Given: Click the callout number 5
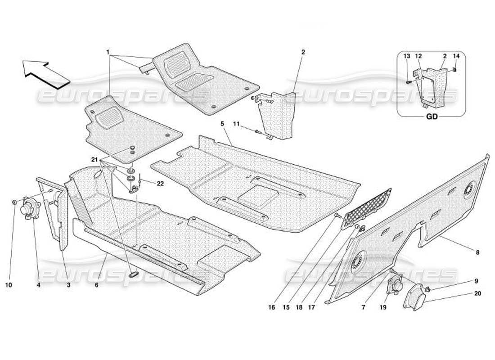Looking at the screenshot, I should [222, 123].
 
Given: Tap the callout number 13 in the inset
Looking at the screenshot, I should [406, 56].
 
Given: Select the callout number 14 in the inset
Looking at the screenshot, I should [456, 56].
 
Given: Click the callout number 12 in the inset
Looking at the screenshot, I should [418, 56].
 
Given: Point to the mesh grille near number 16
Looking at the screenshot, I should [368, 208].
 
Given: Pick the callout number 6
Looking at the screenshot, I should [96, 284].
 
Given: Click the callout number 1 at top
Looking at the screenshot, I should [108, 52].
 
